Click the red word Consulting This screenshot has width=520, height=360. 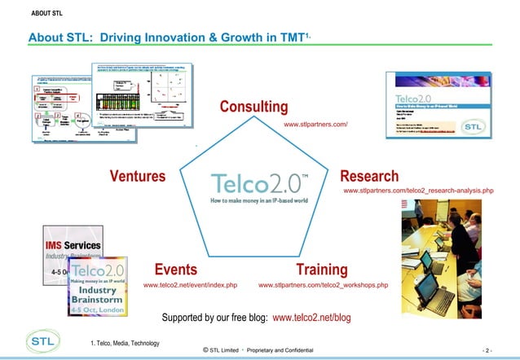point(253,108)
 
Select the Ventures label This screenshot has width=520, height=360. point(138,176)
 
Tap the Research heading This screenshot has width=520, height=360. point(369,176)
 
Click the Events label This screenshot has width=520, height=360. point(175,270)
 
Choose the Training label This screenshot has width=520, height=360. point(322,270)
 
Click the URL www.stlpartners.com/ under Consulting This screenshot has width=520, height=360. point(315,125)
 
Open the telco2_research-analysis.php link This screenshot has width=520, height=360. point(419,191)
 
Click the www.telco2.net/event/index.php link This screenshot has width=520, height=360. point(190,286)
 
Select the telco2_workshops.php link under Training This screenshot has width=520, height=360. point(323,286)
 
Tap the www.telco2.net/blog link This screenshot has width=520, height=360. point(311,317)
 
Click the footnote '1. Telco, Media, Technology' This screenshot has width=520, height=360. point(125,342)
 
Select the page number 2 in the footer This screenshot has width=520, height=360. point(487,350)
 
